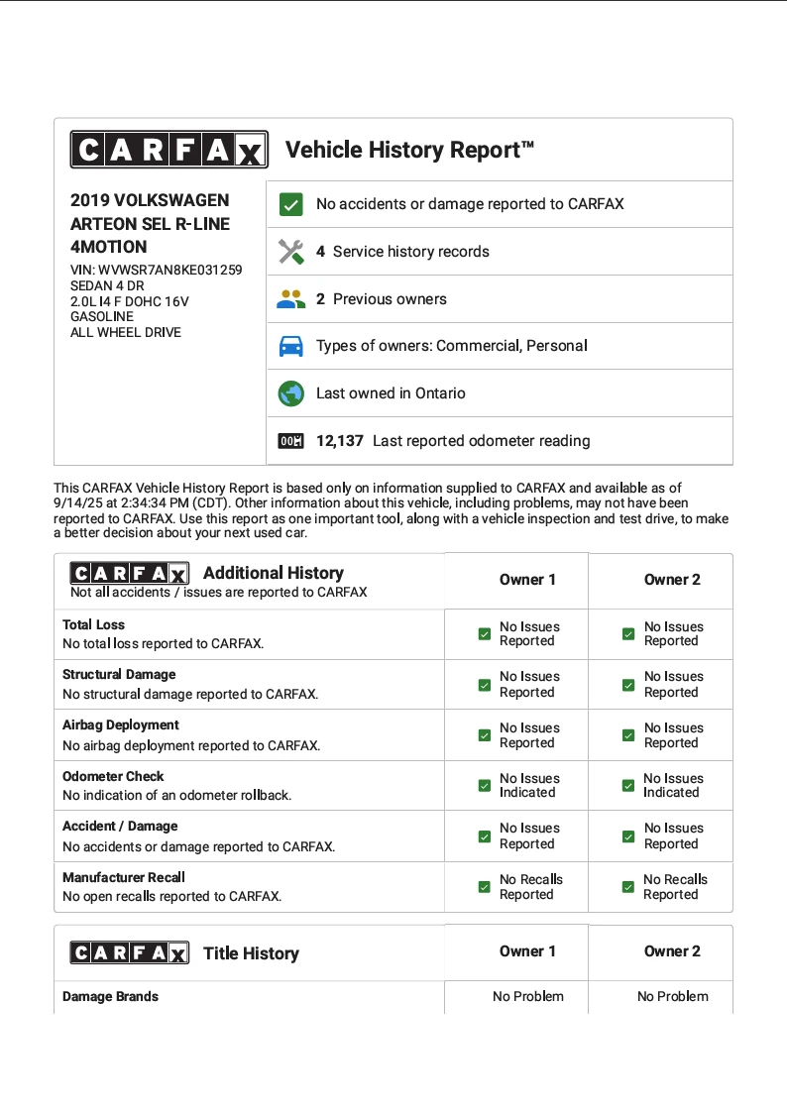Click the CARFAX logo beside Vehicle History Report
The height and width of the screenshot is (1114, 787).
point(169,150)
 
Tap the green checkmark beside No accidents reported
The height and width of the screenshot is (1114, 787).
point(290,204)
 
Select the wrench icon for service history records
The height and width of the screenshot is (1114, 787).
point(290,252)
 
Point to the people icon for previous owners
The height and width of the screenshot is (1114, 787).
point(290,299)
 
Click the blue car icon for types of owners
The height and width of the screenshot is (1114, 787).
point(290,346)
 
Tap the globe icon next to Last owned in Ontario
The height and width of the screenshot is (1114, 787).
point(290,393)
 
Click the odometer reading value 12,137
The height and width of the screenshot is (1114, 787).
point(340,441)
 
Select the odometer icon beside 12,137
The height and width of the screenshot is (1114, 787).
point(290,441)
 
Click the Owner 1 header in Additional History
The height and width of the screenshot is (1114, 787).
point(527,580)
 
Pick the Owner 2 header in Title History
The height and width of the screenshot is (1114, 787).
point(672,951)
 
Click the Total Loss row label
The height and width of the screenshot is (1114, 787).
point(94,625)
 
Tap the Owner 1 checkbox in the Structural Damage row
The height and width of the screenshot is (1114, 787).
point(484,685)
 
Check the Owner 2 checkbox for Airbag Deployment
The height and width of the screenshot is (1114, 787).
point(628,735)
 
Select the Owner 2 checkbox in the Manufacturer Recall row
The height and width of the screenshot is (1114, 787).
point(628,887)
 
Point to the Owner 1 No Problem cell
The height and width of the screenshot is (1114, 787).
point(527,996)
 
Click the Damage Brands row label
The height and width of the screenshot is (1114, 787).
point(110,996)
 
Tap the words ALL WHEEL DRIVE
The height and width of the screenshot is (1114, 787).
point(126,332)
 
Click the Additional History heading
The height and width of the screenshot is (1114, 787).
point(274,573)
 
